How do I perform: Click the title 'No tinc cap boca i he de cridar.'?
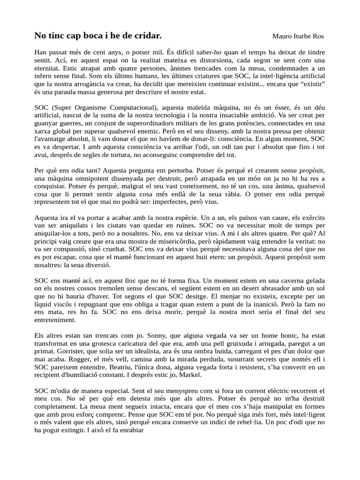[98, 36]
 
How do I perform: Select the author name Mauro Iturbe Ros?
[298, 37]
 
